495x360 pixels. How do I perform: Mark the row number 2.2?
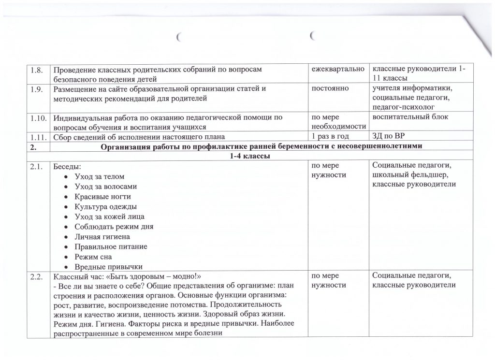coord(38,277)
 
